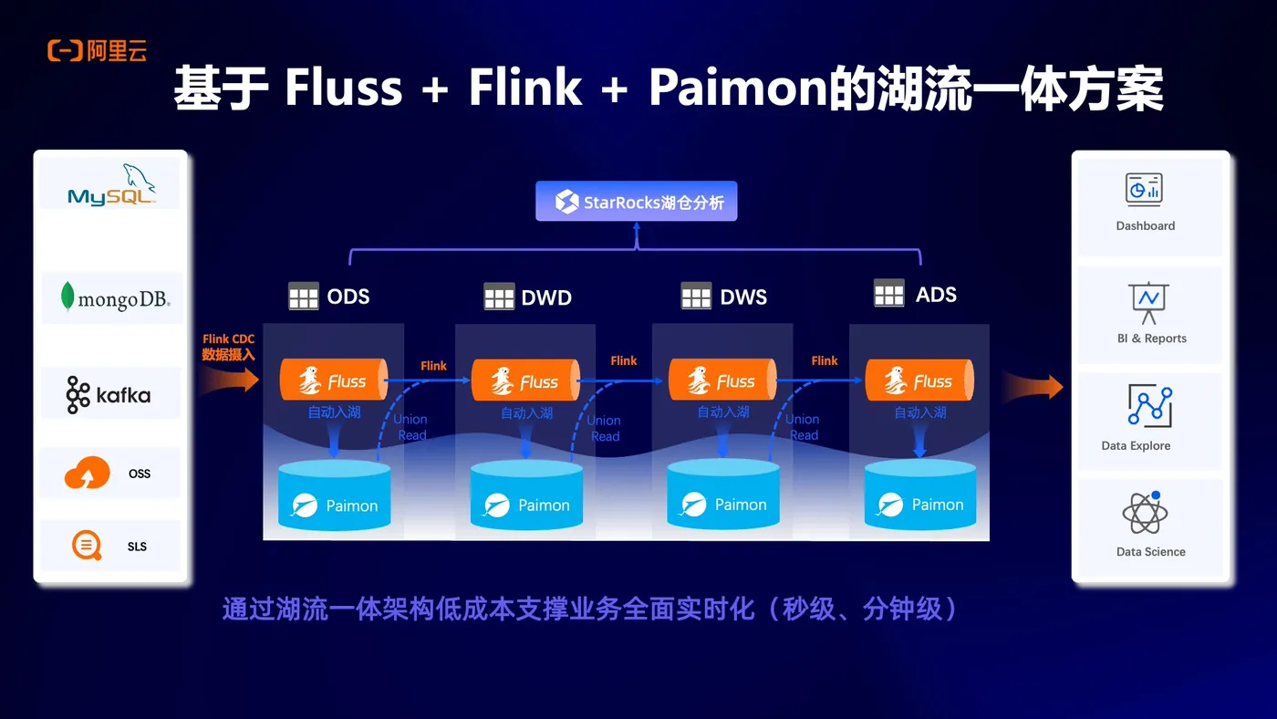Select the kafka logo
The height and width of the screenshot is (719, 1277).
(109, 395)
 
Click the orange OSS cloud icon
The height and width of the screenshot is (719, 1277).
(88, 474)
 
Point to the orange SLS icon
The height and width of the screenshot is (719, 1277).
(88, 547)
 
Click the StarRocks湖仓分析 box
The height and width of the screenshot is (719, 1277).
(636, 202)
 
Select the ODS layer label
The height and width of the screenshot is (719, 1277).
(348, 297)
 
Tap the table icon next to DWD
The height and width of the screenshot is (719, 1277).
(499, 297)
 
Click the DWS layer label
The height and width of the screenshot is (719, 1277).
(742, 297)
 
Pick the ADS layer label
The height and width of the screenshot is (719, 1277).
(936, 295)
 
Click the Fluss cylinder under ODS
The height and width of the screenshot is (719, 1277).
(333, 380)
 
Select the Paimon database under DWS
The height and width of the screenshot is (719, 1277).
(723, 495)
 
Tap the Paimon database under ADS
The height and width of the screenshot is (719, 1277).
(919, 495)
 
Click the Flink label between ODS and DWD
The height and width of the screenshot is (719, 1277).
(433, 366)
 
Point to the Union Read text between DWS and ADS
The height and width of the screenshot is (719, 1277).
(803, 427)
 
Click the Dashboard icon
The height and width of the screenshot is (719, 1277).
(1144, 189)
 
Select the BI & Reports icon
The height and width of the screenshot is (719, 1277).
(1148, 302)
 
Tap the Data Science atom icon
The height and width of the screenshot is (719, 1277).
(1146, 515)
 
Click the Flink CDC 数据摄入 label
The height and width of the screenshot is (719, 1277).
(228, 347)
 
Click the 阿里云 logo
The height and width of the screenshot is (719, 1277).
(98, 52)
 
